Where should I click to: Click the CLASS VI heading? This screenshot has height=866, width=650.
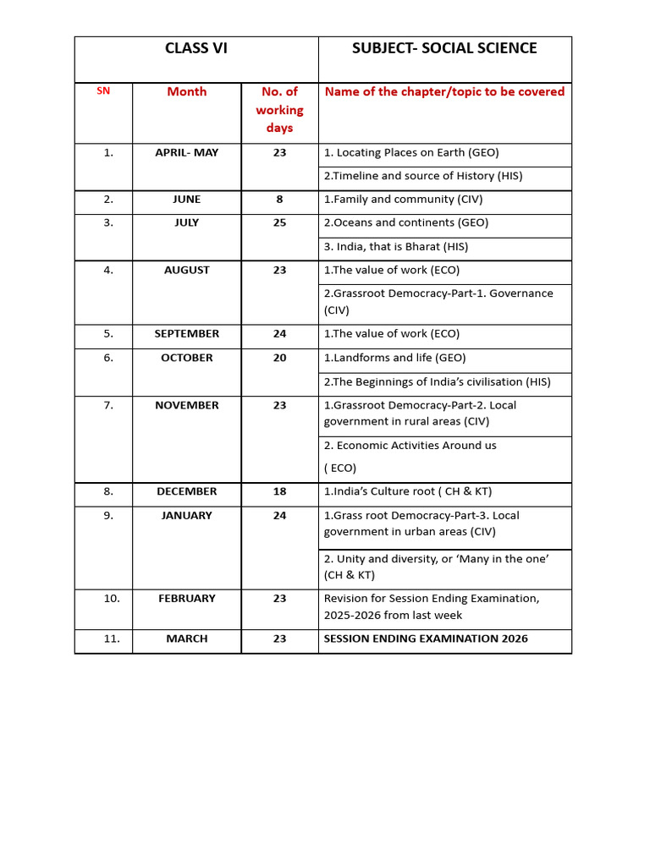coord(196,48)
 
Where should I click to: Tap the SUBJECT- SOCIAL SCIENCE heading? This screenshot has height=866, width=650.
coord(444,48)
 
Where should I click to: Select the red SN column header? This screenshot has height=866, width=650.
coord(103,90)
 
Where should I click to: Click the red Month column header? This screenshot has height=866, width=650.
coord(186,91)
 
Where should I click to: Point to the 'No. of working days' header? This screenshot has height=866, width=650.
coord(279,110)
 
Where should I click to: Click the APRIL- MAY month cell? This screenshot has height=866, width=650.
coord(186,152)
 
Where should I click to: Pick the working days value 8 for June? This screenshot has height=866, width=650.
coord(279,200)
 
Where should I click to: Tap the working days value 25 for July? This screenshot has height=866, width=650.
coord(279,223)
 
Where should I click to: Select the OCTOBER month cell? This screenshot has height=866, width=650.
coord(186,358)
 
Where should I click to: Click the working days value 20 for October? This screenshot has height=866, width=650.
coord(279,358)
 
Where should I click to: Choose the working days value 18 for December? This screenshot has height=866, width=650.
coord(279,491)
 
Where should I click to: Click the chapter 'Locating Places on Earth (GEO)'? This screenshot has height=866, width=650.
coord(411,153)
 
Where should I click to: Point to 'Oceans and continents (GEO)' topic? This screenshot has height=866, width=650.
coord(406,223)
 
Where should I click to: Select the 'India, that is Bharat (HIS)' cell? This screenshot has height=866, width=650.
coord(396,247)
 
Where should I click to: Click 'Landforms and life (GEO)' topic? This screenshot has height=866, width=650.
coord(394,358)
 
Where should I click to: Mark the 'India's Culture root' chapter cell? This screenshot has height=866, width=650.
coord(407,491)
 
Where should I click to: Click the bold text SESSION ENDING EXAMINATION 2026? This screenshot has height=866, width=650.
coord(426,639)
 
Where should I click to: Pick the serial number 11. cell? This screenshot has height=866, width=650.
coord(112,639)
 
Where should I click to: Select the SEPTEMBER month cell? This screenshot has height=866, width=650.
coord(186,334)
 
